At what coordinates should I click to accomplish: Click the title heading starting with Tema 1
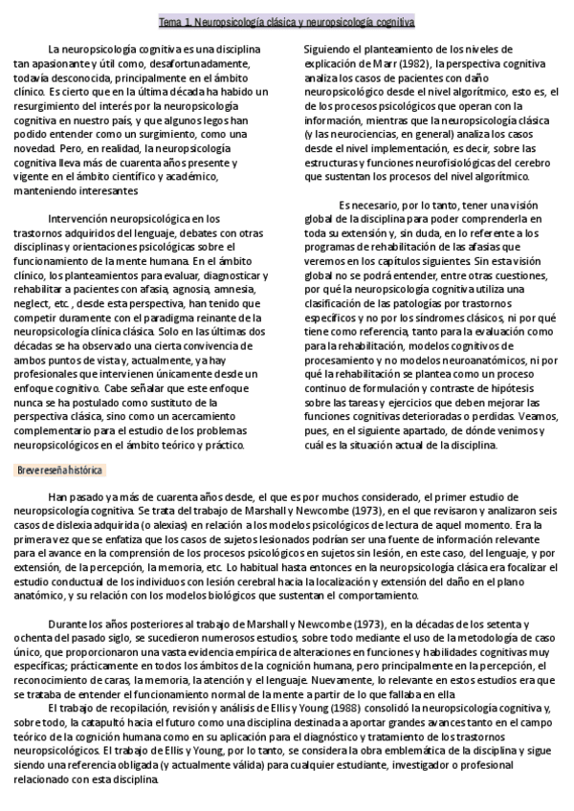point(286,21)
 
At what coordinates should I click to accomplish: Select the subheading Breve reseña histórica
point(61,471)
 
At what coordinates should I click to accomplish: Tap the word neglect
point(33,302)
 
